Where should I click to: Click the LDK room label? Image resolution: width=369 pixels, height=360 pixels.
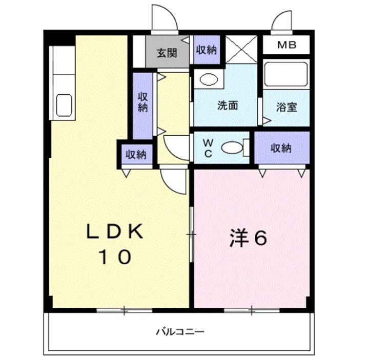pos(114,232)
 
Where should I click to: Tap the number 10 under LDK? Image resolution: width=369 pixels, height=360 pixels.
pos(114,258)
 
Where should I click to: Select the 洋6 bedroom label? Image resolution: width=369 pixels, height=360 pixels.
pos(249,239)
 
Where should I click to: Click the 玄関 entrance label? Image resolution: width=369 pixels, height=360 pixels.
pos(167,52)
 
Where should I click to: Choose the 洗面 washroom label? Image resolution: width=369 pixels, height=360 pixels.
pos(228,106)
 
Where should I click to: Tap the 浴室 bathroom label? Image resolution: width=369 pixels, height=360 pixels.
pos(286,108)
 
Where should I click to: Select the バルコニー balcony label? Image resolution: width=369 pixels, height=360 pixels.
pos(180,332)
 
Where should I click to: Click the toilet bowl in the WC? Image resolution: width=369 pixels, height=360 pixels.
pos(232,148)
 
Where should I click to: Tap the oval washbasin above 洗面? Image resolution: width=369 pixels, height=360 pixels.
pos(208,80)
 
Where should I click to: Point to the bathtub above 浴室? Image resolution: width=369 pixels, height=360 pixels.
pos(285,75)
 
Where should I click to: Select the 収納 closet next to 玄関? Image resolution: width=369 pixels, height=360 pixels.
pos(206,50)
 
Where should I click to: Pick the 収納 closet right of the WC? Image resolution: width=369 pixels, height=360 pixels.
pos(281,148)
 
